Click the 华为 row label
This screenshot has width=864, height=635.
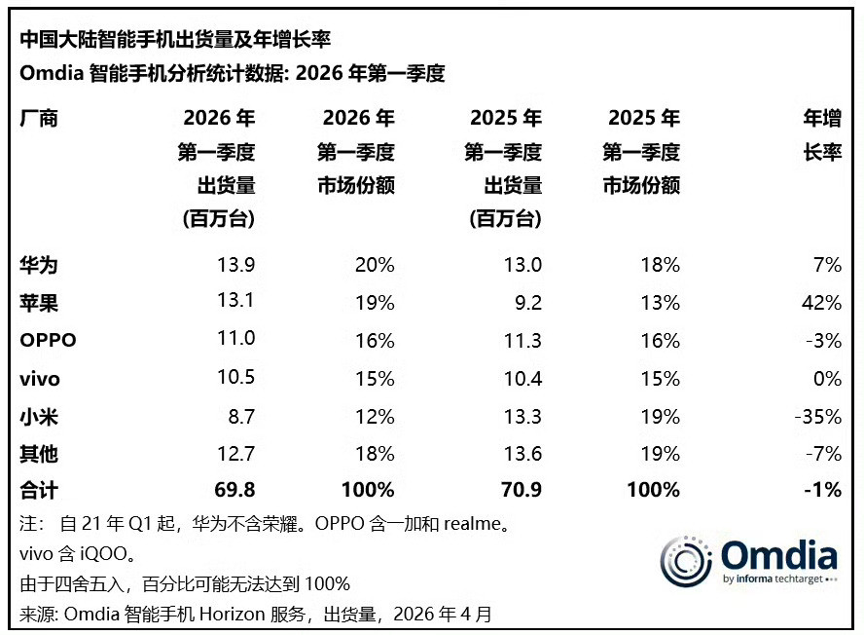click(x=38, y=265)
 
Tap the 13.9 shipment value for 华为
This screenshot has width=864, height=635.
click(x=235, y=265)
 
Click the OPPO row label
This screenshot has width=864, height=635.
click(x=48, y=341)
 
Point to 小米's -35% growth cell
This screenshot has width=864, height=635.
click(x=816, y=417)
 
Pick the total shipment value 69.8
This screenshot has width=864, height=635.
click(x=234, y=490)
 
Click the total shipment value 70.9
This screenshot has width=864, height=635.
click(x=521, y=490)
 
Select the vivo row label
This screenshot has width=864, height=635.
click(x=39, y=379)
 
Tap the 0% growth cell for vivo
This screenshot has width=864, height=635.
click(x=827, y=379)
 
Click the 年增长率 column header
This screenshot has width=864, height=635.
click(x=821, y=135)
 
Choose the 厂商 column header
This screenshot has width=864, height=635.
click(x=38, y=119)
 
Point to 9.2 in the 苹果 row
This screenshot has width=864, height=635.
click(x=528, y=303)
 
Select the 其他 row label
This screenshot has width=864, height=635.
click(x=38, y=454)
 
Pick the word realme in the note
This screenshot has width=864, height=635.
click(x=474, y=524)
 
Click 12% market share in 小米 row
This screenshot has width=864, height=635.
click(x=375, y=417)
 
